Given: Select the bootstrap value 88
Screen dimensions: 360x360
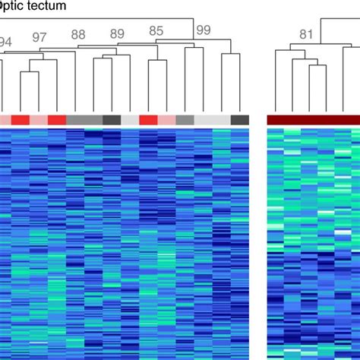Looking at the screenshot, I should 78,34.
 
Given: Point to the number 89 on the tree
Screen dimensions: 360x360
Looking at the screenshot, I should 116,33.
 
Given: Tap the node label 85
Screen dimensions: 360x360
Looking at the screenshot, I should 156,31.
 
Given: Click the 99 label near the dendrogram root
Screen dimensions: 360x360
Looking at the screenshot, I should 203,30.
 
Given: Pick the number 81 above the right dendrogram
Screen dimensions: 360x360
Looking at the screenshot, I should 306,34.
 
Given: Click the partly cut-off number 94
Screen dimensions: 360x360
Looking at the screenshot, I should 5,42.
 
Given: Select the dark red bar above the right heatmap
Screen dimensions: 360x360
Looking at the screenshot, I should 313,120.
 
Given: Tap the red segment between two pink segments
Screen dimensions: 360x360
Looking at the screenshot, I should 21,120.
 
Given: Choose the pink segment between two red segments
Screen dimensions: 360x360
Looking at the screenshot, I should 39,120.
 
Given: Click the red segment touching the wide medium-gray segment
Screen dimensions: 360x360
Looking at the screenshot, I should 57,120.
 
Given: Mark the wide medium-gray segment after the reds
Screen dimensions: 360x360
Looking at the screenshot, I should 84,120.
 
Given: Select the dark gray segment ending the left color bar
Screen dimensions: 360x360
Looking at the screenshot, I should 240,120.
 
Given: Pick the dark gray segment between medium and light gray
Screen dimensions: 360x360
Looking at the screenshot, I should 112,120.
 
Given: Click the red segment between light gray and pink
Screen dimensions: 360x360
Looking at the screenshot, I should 148,120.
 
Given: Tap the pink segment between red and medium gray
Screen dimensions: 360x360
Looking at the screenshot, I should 166,120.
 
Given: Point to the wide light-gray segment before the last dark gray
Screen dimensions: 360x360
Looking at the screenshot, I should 213,120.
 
